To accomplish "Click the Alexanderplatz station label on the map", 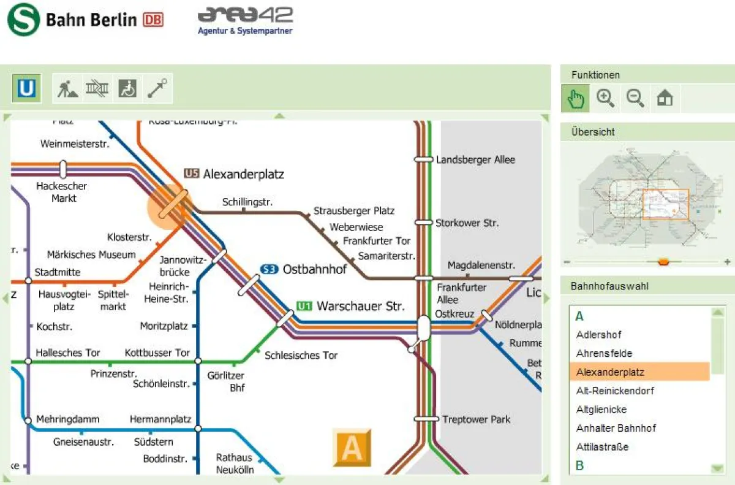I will click(243, 174).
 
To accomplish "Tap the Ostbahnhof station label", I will click(314, 269).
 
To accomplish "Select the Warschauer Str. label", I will click(360, 306).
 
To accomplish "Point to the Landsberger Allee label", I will click(475, 159).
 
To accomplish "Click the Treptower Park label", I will click(476, 419).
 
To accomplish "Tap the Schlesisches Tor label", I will click(301, 355).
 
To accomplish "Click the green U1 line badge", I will click(304, 306).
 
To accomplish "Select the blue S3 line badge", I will click(269, 269).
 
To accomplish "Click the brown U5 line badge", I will click(192, 174).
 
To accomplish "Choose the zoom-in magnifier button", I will click(606, 98).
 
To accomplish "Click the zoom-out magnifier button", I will click(635, 98).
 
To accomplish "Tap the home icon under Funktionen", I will click(665, 98).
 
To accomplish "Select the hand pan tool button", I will click(576, 98).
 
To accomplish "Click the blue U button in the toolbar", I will click(27, 89).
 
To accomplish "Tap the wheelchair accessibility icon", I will click(127, 89).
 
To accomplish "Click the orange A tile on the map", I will click(352, 447).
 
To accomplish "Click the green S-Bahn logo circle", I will click(23, 20).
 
